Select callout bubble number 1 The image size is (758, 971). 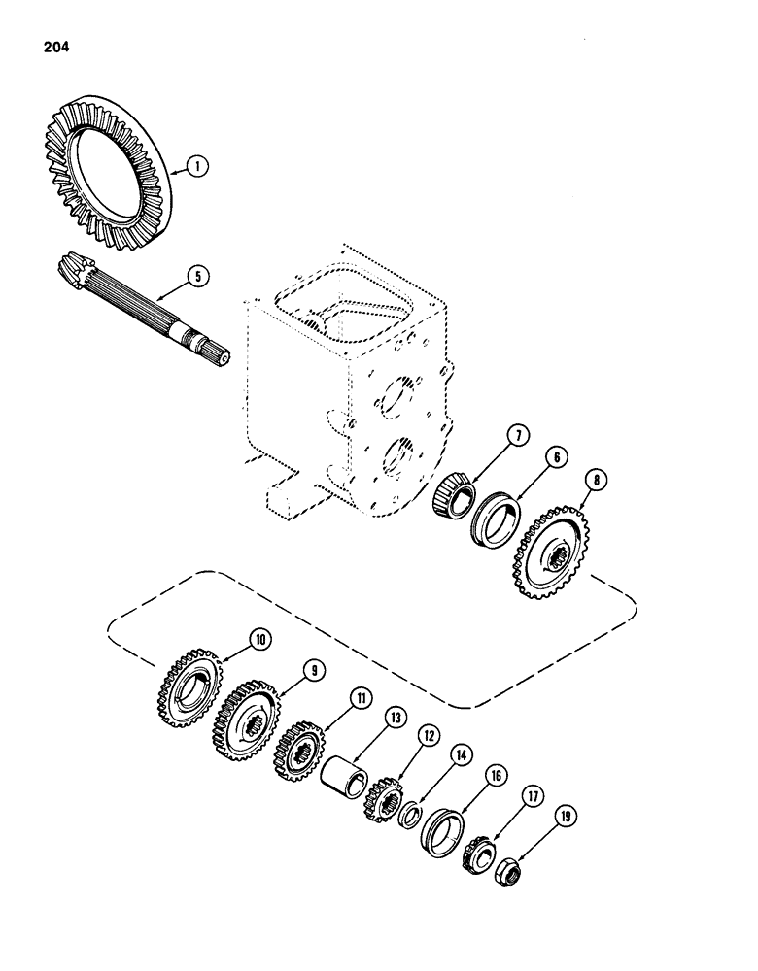click(x=197, y=167)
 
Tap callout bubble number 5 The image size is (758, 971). click(x=197, y=276)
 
